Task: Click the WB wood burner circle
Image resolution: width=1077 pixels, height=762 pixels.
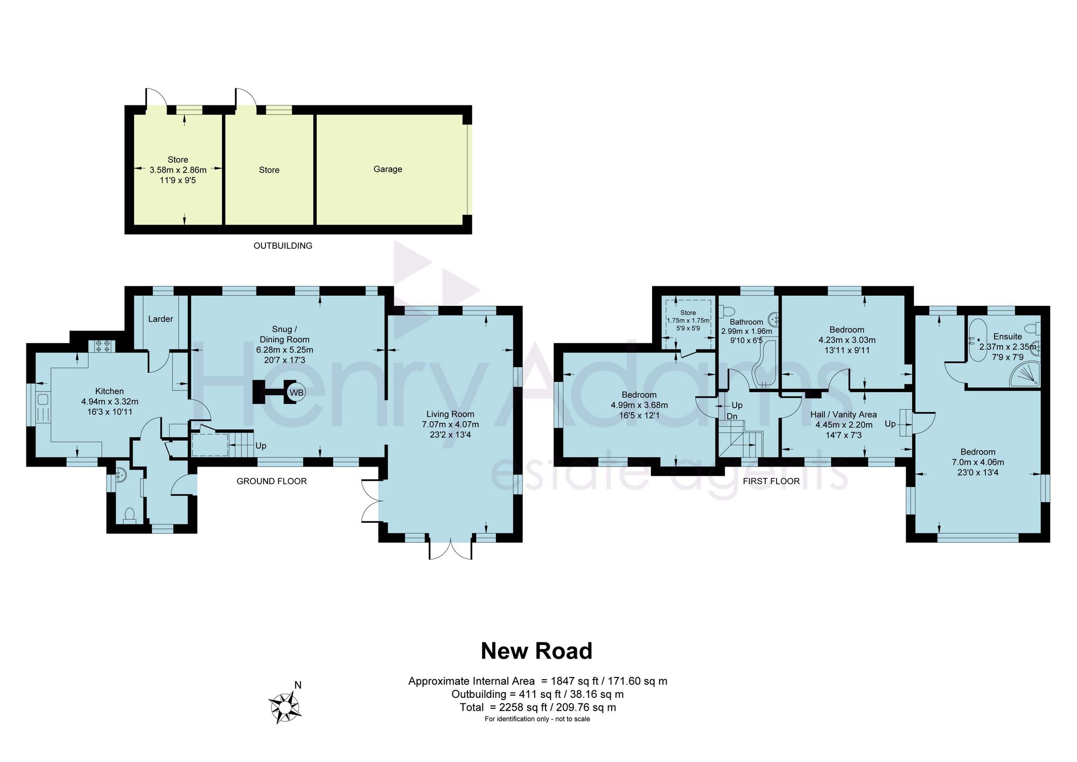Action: tap(296, 392)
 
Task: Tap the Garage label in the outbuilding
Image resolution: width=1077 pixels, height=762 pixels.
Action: tap(388, 169)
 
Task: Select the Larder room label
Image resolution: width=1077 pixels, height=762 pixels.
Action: tap(160, 319)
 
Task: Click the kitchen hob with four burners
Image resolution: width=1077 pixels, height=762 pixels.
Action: tap(102, 345)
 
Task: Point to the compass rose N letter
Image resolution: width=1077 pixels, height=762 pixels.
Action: tap(298, 685)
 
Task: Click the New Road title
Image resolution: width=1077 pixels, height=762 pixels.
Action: tap(536, 651)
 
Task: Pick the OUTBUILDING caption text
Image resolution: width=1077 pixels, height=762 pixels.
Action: tap(283, 246)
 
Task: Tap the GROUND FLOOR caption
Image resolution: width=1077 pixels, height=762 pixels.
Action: tap(271, 481)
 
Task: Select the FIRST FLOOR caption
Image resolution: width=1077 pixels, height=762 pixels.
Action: tap(771, 481)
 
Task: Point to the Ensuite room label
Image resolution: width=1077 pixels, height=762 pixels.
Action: tap(1008, 337)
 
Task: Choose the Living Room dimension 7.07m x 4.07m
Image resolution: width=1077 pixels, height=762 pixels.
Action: tap(450, 424)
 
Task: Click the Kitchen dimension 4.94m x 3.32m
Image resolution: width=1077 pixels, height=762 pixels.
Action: tap(110, 402)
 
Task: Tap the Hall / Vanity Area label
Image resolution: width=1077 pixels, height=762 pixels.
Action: tap(843, 415)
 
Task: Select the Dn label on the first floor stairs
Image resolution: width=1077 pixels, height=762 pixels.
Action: tap(732, 416)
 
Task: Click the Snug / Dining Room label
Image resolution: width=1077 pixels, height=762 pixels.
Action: tap(284, 334)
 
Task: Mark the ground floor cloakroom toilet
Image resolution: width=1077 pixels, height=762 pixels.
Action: tap(129, 515)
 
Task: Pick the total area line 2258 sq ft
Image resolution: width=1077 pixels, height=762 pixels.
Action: tap(537, 708)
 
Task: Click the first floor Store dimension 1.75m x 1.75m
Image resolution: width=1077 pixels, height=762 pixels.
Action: tap(688, 320)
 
